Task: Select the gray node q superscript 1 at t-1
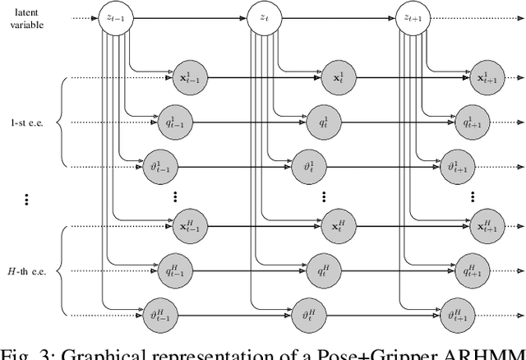coord(169,122)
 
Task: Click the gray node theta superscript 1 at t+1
coord(454,167)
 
